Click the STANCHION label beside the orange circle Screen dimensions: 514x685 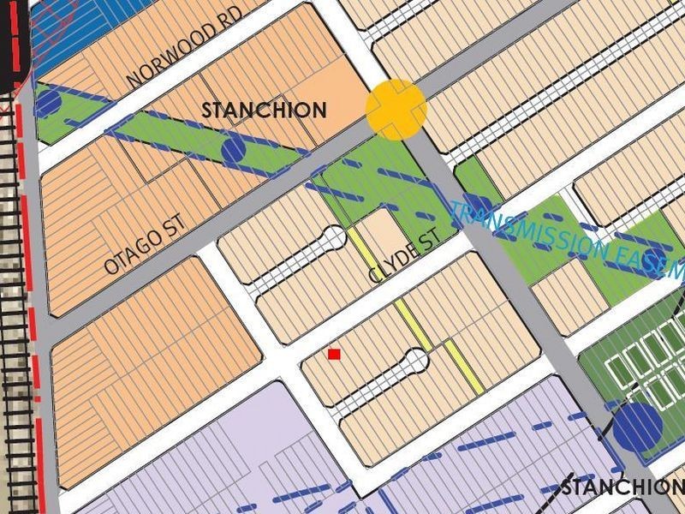point(264,110)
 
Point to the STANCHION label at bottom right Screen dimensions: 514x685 point(622,487)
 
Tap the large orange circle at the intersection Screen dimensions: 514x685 point(396,109)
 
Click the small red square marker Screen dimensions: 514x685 point(334,354)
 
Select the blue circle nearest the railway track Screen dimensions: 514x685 point(48,104)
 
